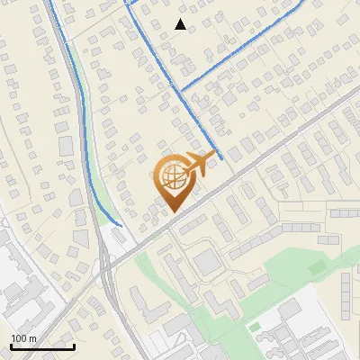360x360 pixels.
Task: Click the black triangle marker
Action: [x=181, y=24]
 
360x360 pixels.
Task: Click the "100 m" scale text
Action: [x=23, y=337]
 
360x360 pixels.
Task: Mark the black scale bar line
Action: [x=42, y=346]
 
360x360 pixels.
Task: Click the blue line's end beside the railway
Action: [x=121, y=224]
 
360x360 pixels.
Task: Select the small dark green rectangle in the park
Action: [x=315, y=267]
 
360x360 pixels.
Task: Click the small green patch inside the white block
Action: [x=254, y=325]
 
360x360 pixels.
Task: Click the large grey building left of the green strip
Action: [x=65, y=145]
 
